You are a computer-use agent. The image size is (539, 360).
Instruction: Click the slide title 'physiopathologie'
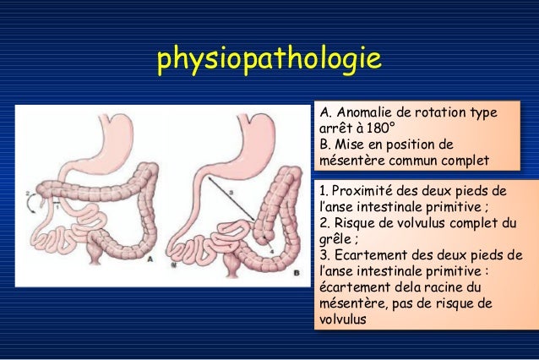269,60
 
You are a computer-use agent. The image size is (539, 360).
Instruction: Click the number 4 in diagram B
270,250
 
